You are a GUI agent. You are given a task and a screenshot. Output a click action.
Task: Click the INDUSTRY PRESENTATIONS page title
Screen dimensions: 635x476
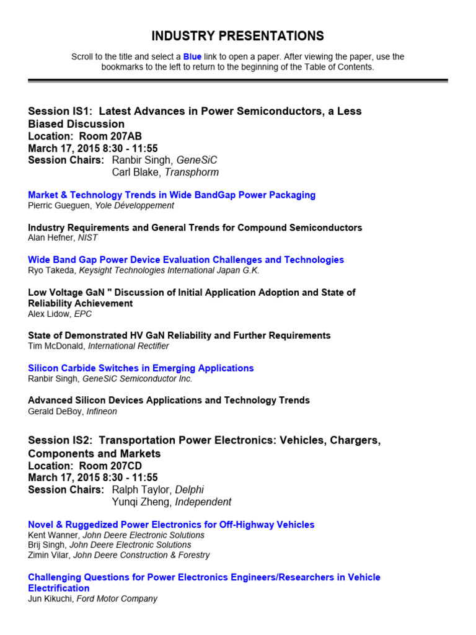click(x=238, y=36)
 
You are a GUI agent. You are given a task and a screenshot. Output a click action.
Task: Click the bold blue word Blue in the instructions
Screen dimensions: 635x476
click(x=193, y=57)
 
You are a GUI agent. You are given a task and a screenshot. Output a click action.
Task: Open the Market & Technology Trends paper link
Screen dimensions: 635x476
click(x=172, y=195)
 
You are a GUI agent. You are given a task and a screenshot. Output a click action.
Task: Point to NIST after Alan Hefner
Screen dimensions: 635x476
click(x=88, y=238)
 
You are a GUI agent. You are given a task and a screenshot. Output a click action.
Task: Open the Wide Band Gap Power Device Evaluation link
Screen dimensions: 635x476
click(x=186, y=260)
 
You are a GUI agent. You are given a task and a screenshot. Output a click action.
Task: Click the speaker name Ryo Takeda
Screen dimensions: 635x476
click(x=51, y=270)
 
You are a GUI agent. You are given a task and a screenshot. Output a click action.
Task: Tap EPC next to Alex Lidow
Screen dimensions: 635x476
click(x=84, y=314)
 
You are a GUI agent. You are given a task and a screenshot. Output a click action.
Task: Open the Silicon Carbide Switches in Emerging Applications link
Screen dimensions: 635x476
click(x=141, y=368)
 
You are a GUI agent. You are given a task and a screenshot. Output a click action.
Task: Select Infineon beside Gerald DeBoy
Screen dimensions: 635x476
click(x=101, y=411)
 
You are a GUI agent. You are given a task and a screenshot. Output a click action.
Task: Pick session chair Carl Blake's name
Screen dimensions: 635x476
click(x=134, y=172)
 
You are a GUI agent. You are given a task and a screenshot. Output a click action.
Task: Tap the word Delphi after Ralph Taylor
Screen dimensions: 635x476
click(x=189, y=490)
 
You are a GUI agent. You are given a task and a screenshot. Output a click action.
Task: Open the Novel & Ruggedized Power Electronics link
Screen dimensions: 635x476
click(x=171, y=525)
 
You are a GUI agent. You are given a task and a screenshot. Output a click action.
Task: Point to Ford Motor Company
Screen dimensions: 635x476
click(x=117, y=599)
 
